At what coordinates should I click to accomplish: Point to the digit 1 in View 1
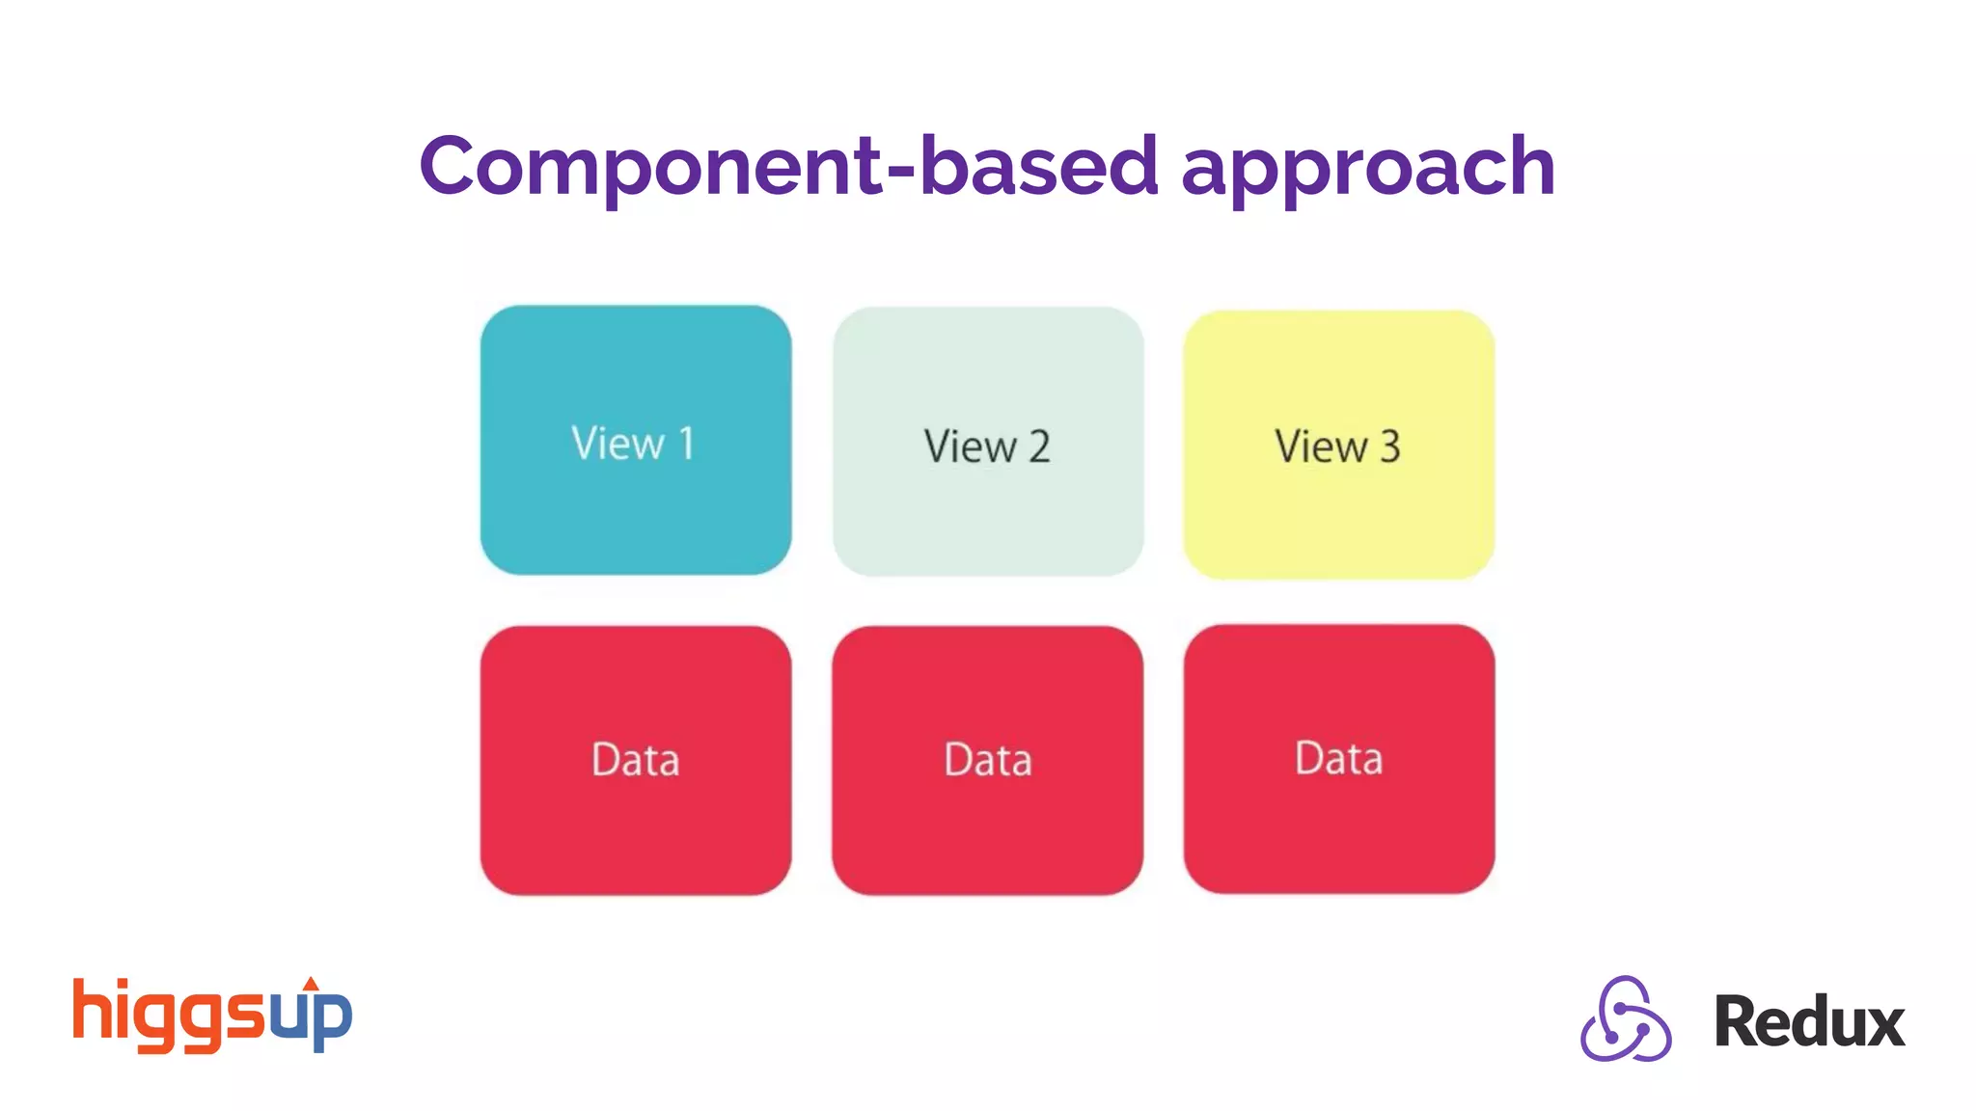tap(686, 444)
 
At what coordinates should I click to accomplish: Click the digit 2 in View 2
tap(1039, 447)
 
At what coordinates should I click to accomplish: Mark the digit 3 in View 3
tap(1389, 447)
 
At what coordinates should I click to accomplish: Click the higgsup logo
tap(212, 1015)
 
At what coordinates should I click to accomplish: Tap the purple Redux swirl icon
tap(1626, 1019)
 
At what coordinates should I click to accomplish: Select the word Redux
tap(1809, 1022)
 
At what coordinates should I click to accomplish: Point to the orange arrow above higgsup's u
tap(311, 985)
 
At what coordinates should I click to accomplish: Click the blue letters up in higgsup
tap(311, 1017)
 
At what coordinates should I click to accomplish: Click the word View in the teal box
tap(617, 444)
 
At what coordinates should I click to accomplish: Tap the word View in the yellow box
tap(1321, 447)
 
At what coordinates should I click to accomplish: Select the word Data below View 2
tap(988, 760)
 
